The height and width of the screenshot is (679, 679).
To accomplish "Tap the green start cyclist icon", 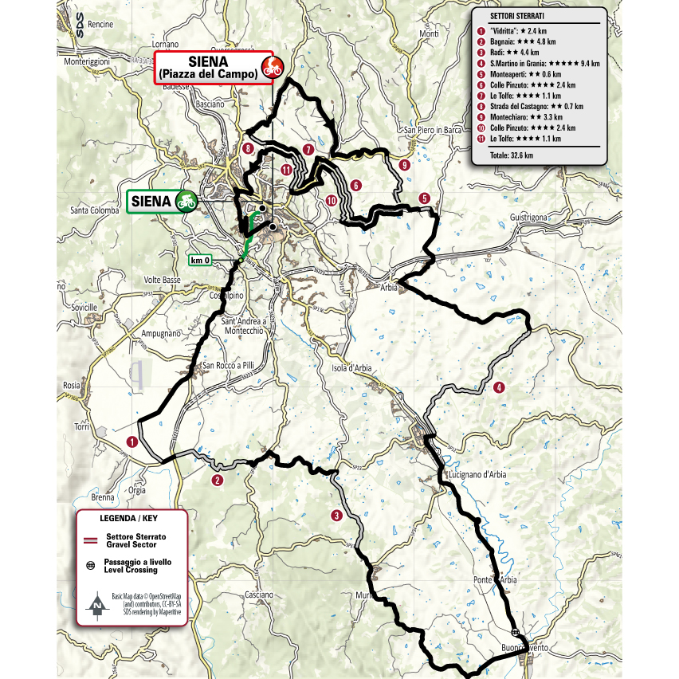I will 187,201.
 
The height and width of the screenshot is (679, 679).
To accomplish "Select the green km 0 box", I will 201,259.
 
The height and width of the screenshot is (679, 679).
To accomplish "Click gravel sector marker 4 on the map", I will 499,387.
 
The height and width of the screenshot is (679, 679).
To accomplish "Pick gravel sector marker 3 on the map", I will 338,516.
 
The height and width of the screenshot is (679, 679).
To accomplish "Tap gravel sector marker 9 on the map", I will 405,165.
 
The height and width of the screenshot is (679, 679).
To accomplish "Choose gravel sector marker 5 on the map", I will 425,198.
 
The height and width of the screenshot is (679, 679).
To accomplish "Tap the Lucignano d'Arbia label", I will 479,476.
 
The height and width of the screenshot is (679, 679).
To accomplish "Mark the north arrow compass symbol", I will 96,606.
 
